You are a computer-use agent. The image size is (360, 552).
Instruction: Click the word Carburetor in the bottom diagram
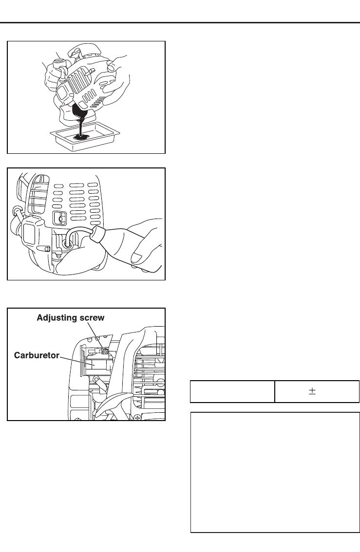[x=36, y=355]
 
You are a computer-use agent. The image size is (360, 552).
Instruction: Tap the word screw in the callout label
[x=92, y=317]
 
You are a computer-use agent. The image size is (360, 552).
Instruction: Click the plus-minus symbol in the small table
[x=312, y=391]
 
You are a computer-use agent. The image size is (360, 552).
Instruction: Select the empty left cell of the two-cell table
[x=232, y=391]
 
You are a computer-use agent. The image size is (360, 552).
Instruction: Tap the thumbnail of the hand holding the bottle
[x=138, y=257]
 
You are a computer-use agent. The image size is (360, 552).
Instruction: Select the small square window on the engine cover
[x=58, y=218]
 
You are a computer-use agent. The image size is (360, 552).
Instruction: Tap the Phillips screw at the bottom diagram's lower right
[x=138, y=417]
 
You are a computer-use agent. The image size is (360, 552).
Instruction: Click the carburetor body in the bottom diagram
[x=97, y=363]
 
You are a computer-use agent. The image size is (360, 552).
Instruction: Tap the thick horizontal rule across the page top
[x=180, y=22]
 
